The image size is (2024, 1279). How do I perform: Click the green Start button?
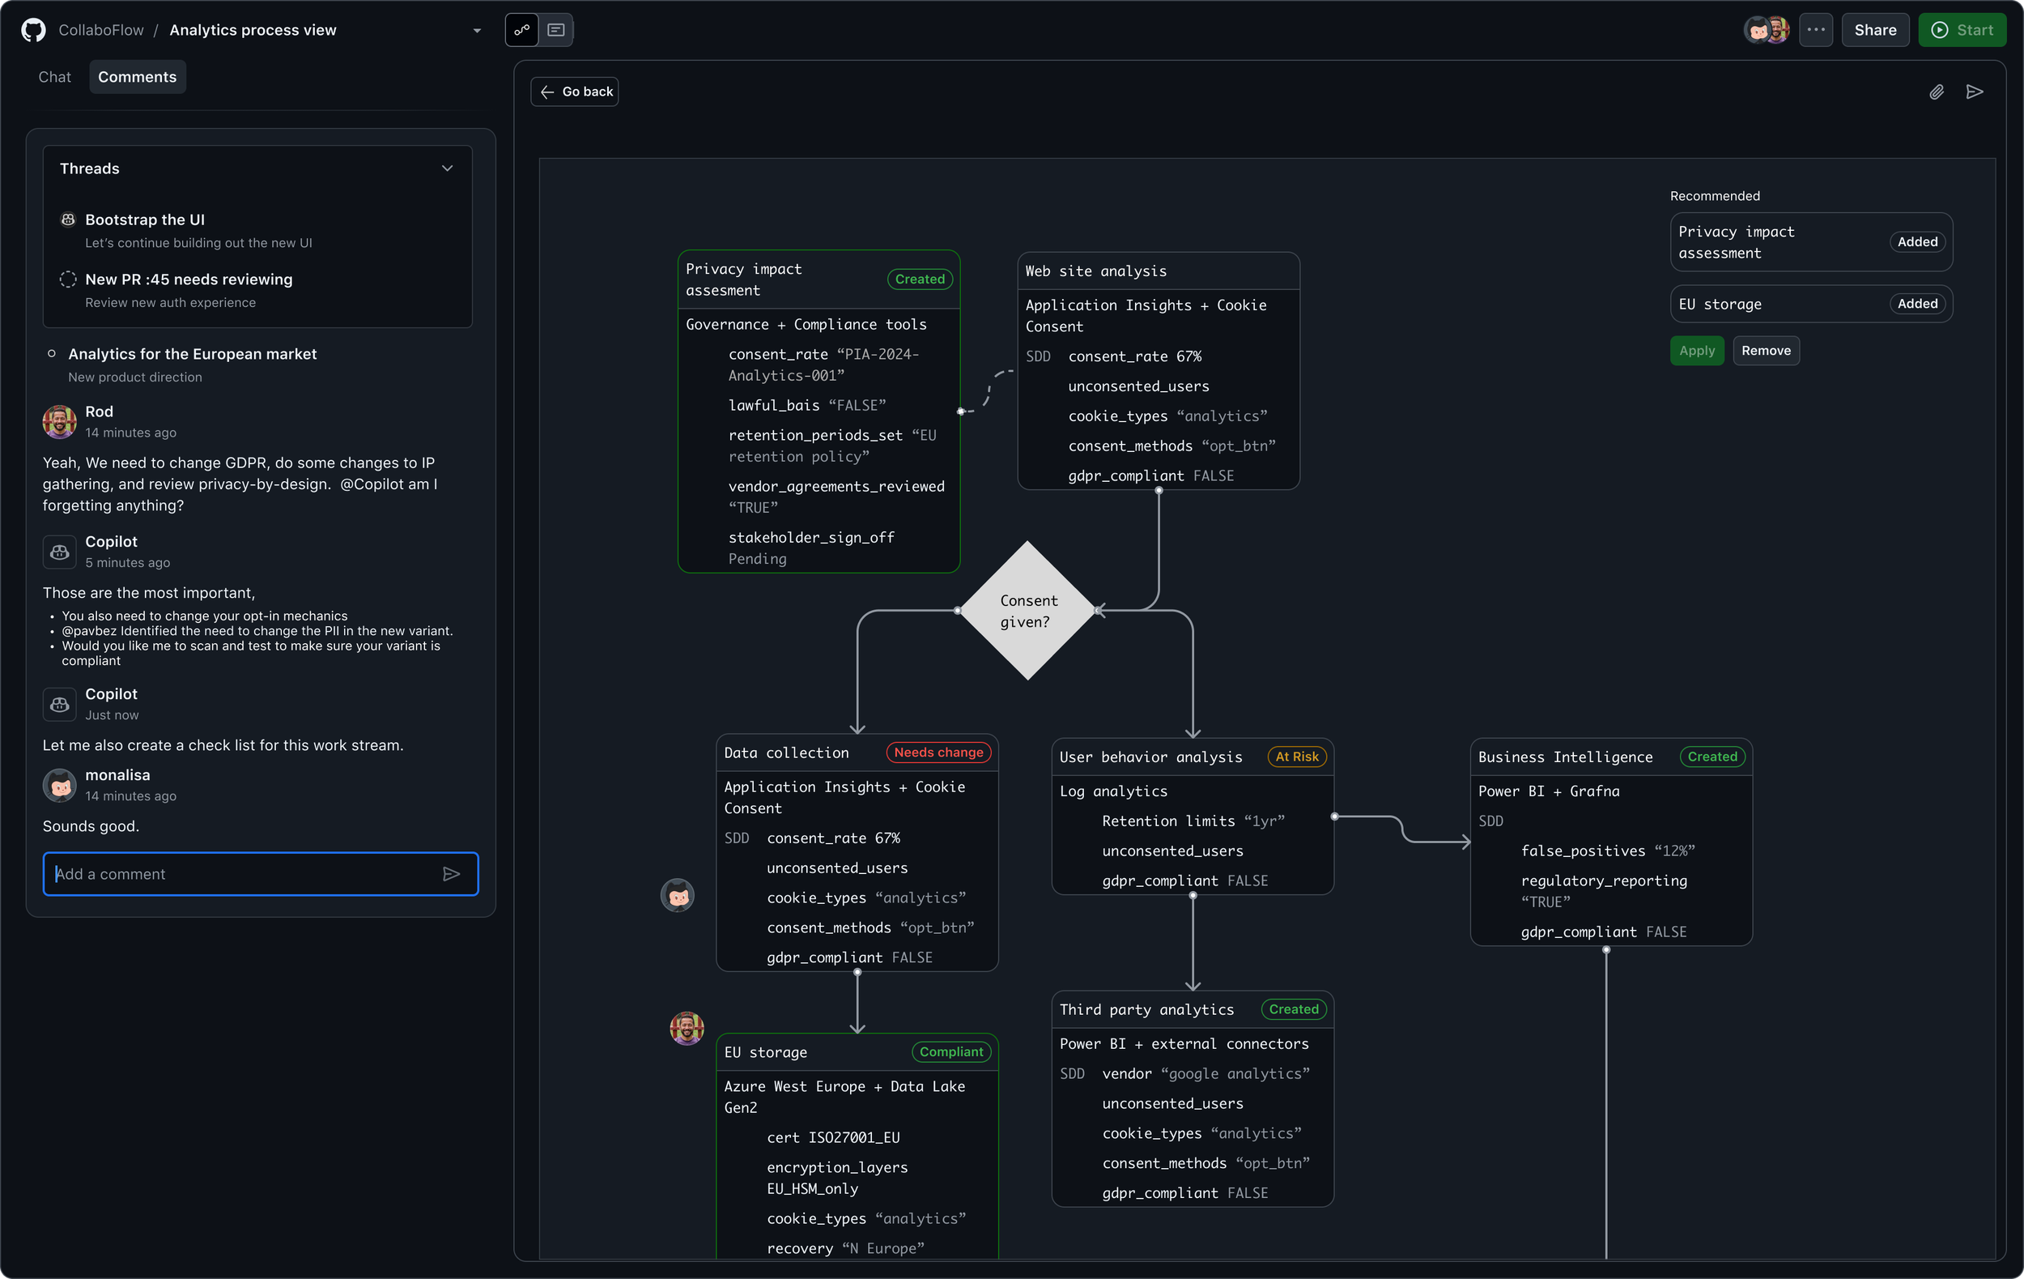pyautogui.click(x=1961, y=30)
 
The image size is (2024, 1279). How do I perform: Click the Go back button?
pyautogui.click(x=575, y=92)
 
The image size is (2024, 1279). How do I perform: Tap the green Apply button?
pyautogui.click(x=1696, y=351)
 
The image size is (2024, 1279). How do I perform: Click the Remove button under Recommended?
pyautogui.click(x=1765, y=351)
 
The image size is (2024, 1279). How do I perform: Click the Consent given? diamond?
pyautogui.click(x=1027, y=611)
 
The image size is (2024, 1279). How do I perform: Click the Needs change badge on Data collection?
pyautogui.click(x=938, y=752)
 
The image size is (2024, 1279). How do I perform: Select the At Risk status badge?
pyautogui.click(x=1296, y=757)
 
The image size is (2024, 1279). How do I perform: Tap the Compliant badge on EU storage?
pyautogui.click(x=950, y=1052)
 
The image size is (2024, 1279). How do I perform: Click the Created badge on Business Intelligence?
pyautogui.click(x=1711, y=757)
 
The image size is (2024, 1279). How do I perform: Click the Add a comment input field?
pyautogui.click(x=244, y=874)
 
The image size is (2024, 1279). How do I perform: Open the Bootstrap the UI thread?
pyautogui.click(x=145, y=220)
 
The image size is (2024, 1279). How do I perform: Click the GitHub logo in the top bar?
pyautogui.click(x=34, y=30)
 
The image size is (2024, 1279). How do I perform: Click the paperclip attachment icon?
pyautogui.click(x=1936, y=92)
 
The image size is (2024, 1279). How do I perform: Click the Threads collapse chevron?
pyautogui.click(x=447, y=168)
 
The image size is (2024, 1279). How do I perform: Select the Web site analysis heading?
pyautogui.click(x=1095, y=271)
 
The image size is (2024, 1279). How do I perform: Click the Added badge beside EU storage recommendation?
pyautogui.click(x=1916, y=304)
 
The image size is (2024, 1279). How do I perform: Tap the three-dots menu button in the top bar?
pyautogui.click(x=1816, y=30)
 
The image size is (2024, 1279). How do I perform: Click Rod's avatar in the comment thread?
pyautogui.click(x=60, y=421)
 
